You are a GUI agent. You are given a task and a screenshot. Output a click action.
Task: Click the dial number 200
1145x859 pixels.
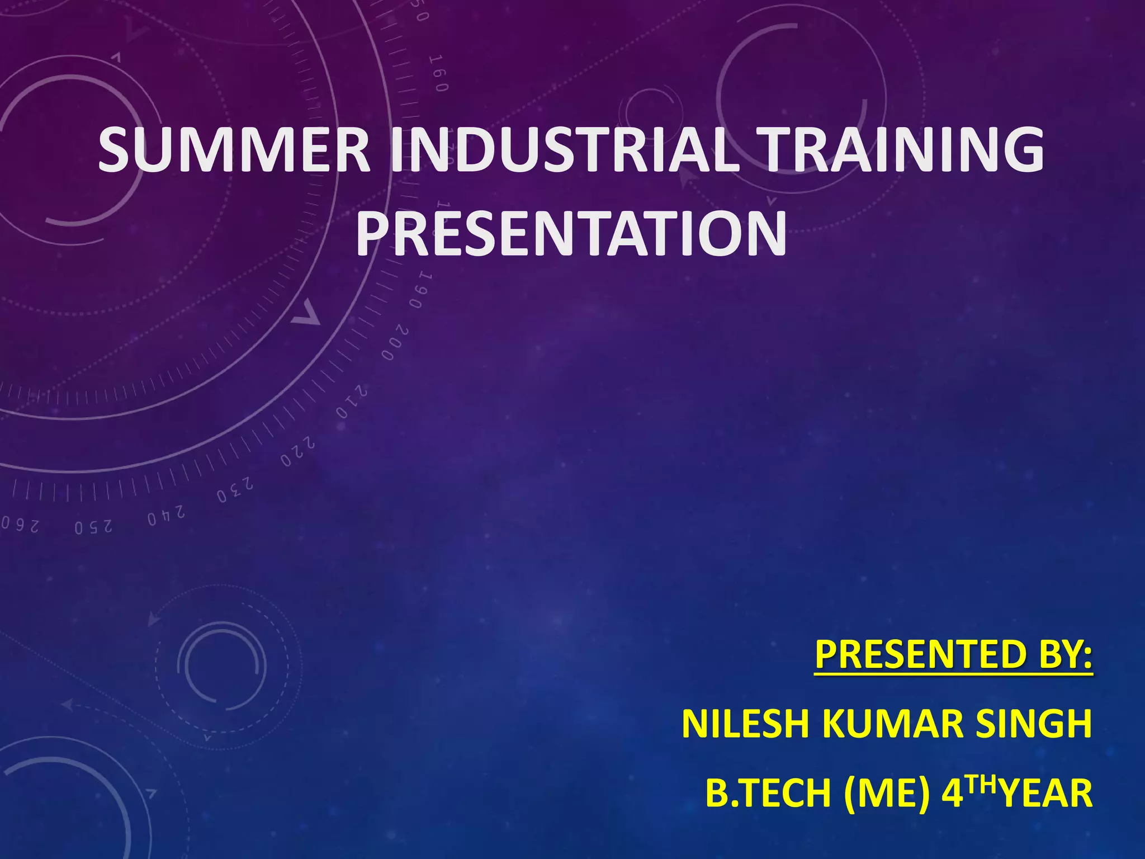396,343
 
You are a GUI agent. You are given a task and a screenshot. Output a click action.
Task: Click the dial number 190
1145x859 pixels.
420,291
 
